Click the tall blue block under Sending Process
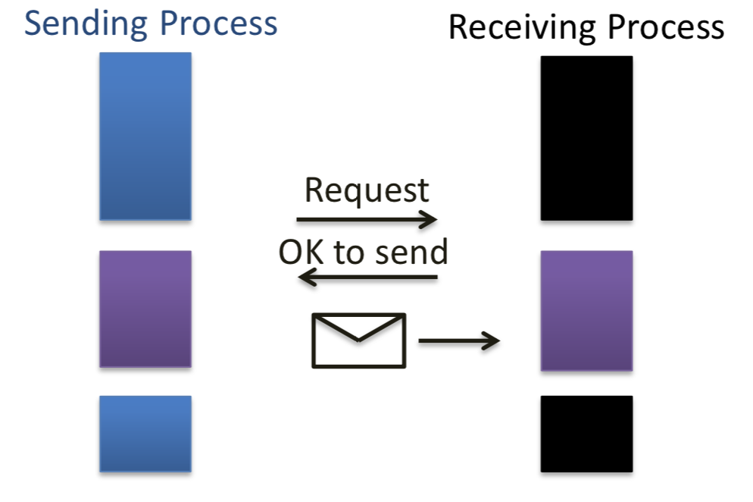point(145,136)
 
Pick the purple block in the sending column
point(145,309)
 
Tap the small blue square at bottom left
point(145,434)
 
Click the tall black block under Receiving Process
point(586,138)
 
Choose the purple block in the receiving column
point(586,311)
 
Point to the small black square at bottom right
point(586,434)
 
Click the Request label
point(367,191)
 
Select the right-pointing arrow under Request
point(367,221)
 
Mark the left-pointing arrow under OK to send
point(368,278)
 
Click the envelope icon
point(359,340)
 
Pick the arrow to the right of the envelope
point(459,341)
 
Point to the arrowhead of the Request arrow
point(430,221)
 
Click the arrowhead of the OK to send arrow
point(305,278)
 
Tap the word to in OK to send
point(349,253)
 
